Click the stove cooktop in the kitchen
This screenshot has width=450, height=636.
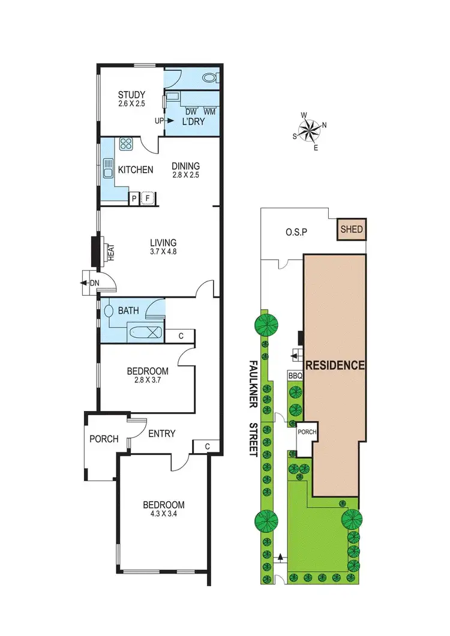127,144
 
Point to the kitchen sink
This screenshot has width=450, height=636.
109,168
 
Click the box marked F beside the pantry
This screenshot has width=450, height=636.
148,199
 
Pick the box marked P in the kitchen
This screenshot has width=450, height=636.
134,199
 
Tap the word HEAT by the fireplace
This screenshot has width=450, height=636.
111,252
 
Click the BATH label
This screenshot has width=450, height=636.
128,311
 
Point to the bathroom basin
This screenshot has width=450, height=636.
109,311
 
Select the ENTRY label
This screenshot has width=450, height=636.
162,433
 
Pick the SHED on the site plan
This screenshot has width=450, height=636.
352,229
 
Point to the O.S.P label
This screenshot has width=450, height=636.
296,233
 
